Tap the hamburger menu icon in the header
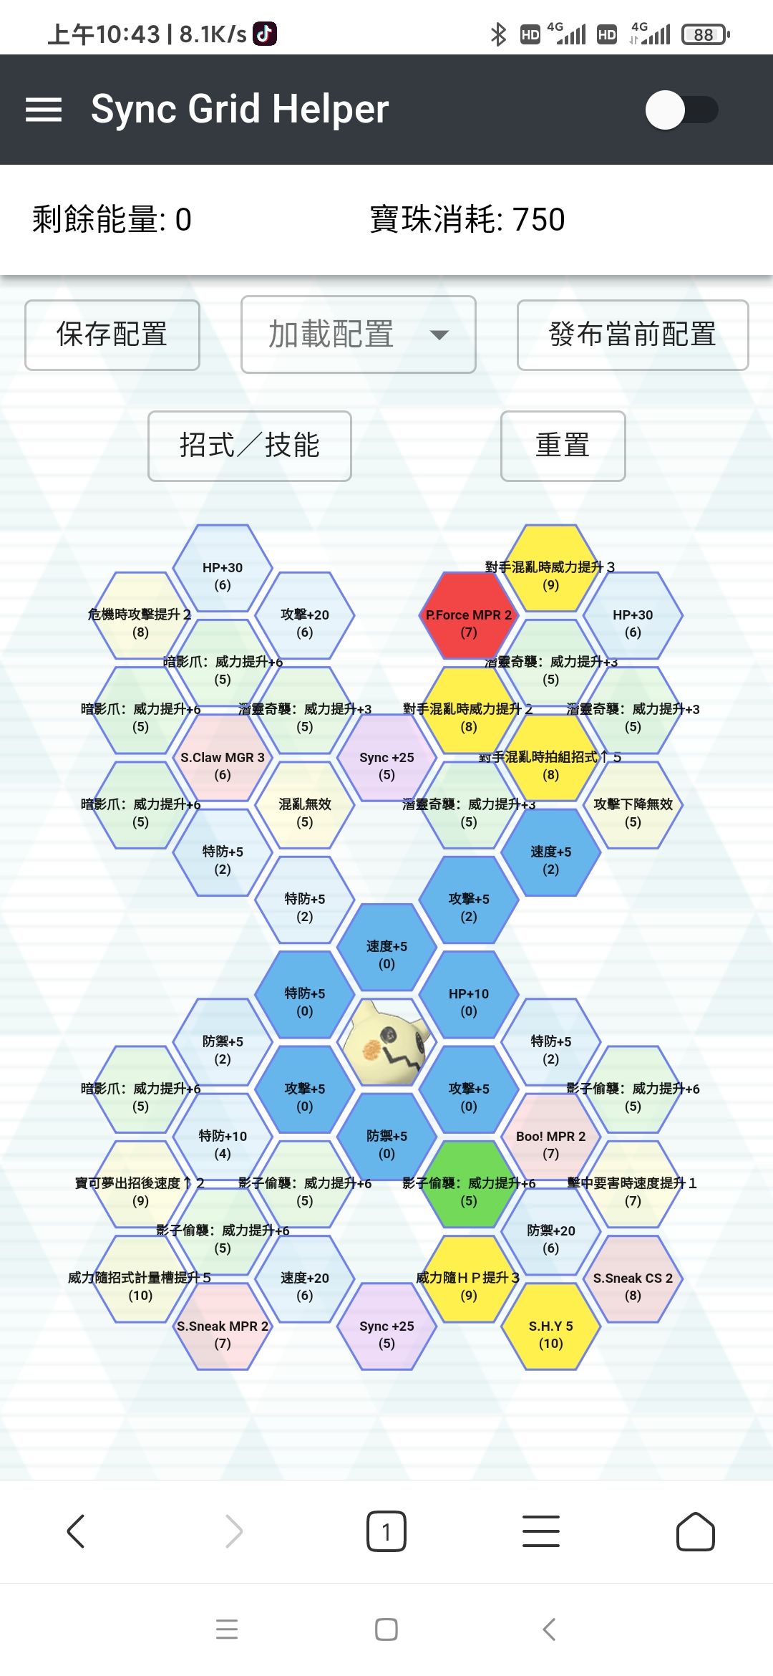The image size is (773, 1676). tap(44, 110)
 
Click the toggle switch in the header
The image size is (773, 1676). tap(681, 110)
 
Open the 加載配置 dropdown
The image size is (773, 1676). tap(359, 334)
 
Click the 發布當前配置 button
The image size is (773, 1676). tap(633, 334)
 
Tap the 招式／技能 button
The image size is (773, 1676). tap(249, 446)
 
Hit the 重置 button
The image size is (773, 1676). tap(563, 446)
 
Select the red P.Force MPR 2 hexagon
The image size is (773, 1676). tap(469, 616)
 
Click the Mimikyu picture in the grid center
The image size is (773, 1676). tap(386, 1042)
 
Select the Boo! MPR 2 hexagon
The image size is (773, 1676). tap(550, 1137)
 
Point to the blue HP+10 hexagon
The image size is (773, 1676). tap(469, 995)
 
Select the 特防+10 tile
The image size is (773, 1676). tap(223, 1137)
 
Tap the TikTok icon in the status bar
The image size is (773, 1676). tap(265, 34)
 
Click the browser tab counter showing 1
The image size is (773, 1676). tap(386, 1532)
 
